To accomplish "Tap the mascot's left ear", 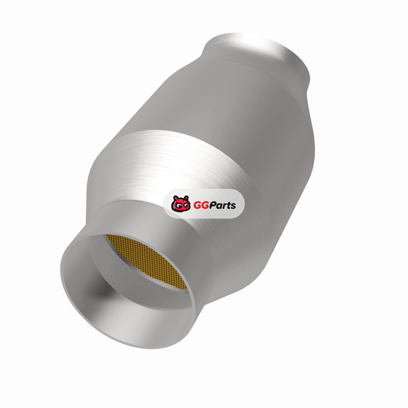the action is [x=175, y=198].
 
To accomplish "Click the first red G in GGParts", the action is [x=197, y=206].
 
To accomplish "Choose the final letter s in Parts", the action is [x=233, y=207].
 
